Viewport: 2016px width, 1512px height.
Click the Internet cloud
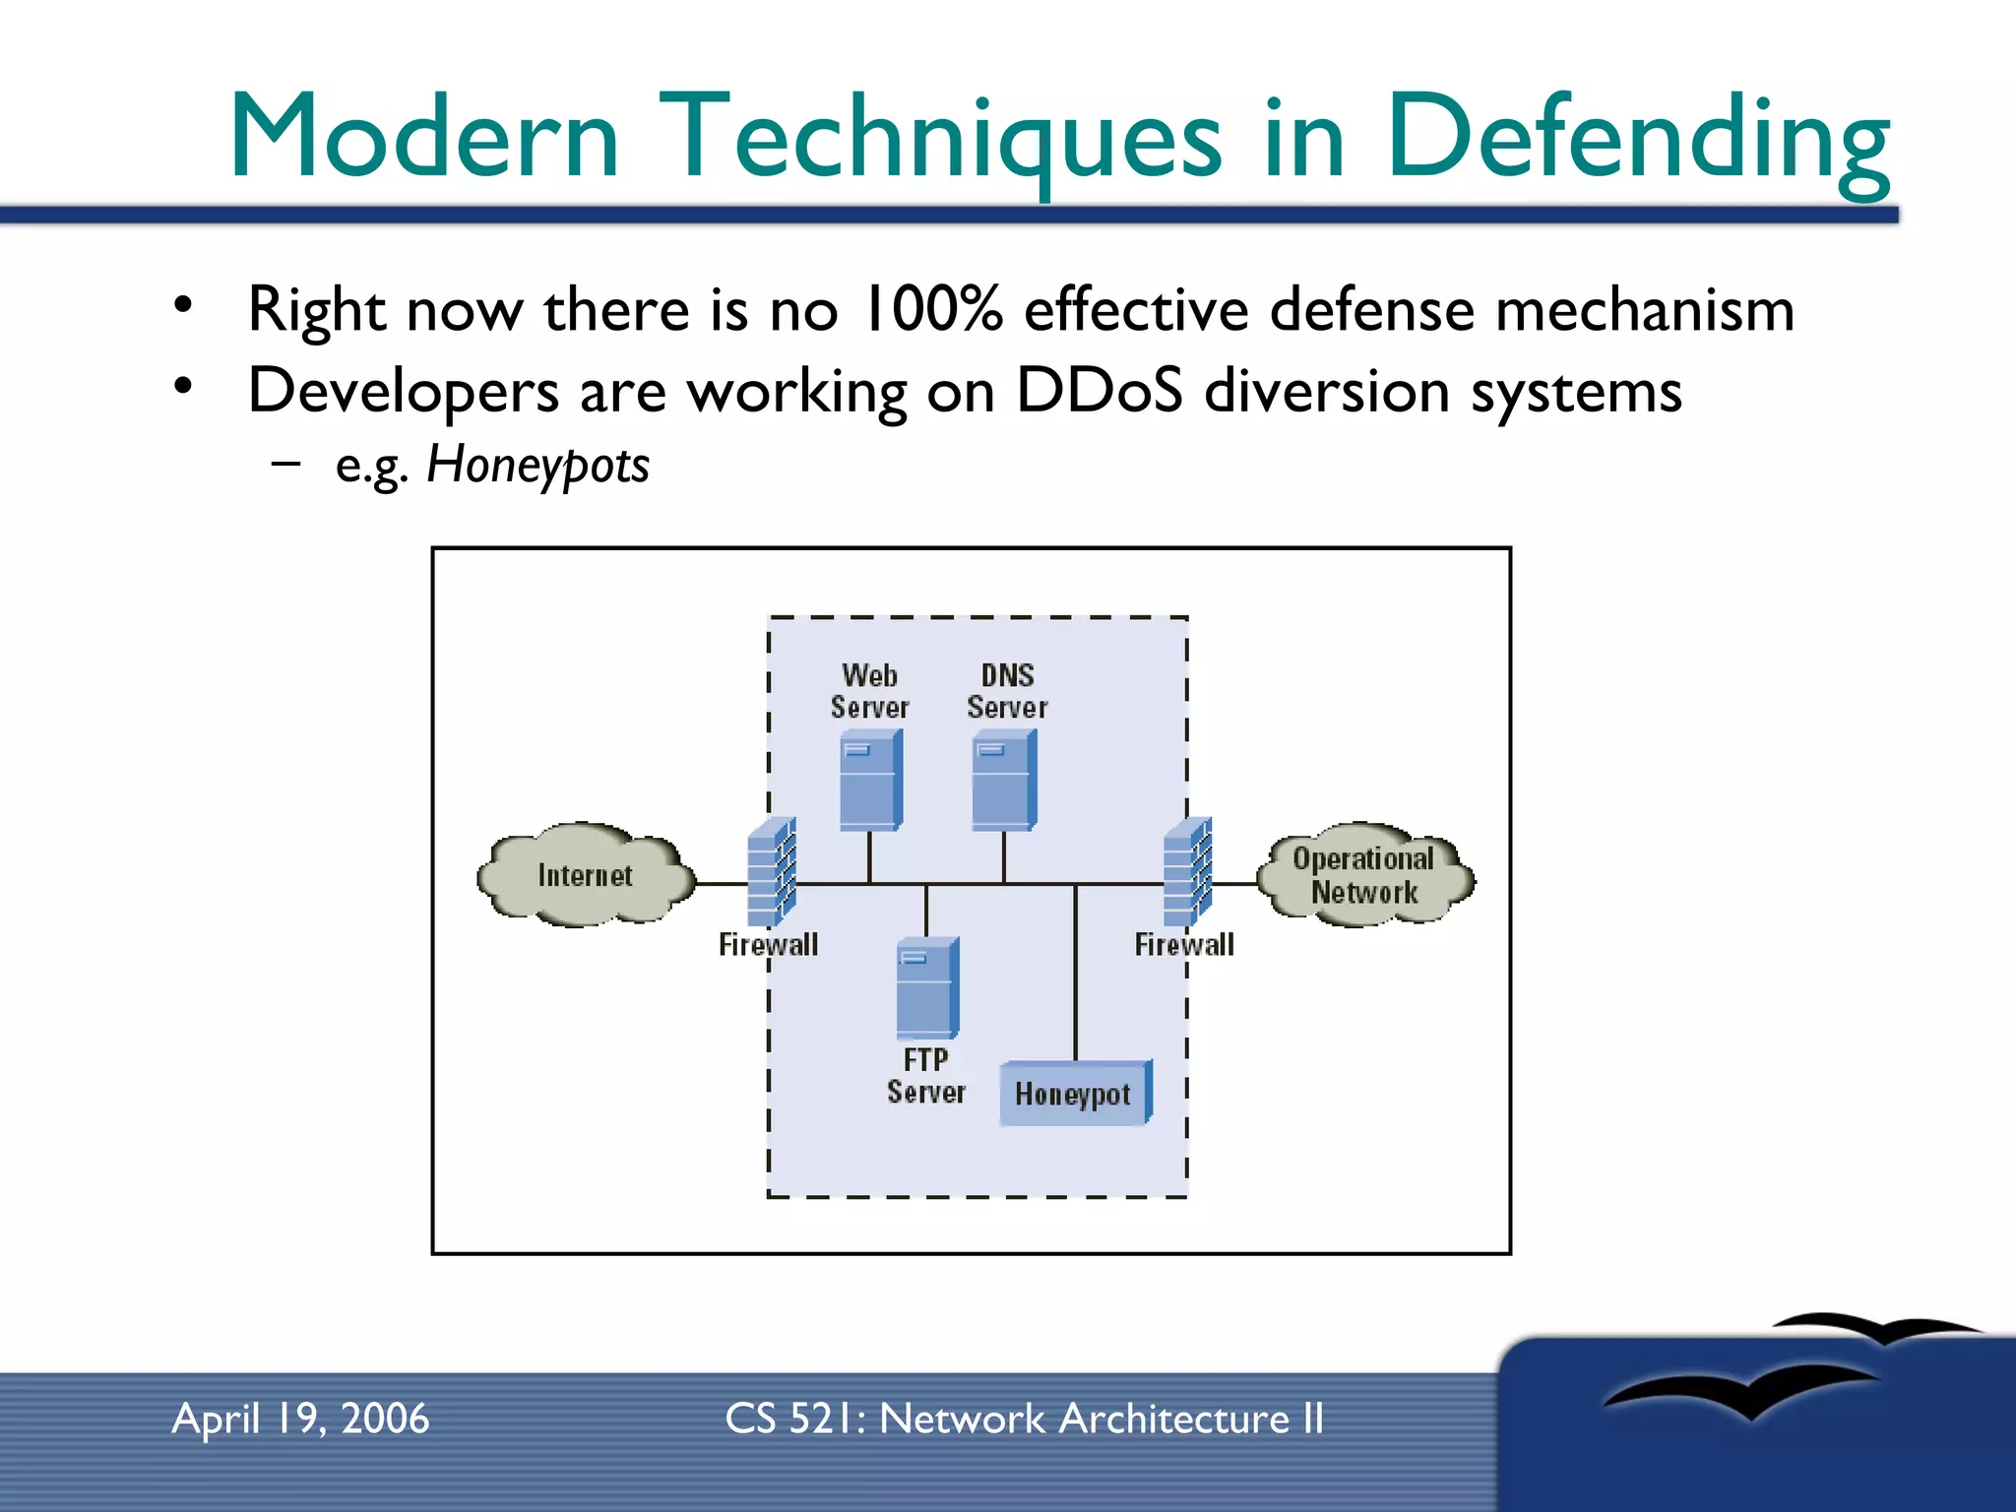(586, 875)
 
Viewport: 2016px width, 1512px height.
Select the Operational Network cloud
(1364, 875)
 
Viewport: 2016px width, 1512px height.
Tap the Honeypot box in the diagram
(1074, 1094)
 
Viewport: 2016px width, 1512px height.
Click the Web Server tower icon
(870, 783)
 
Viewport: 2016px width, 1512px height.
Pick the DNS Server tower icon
(1003, 783)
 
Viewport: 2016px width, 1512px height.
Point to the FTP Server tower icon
(926, 988)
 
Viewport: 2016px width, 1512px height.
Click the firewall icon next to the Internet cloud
(771, 872)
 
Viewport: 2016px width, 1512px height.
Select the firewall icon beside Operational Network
(1187, 872)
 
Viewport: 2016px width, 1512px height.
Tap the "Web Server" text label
(869, 691)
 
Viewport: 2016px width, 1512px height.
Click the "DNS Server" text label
(1007, 691)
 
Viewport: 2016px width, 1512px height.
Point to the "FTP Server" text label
(925, 1076)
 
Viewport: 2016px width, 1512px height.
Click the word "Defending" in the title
(1637, 138)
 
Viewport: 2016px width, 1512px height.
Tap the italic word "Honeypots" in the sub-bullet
(537, 465)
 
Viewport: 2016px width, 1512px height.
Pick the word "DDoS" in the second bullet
(1099, 390)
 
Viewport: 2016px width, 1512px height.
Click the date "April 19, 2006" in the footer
(300, 1418)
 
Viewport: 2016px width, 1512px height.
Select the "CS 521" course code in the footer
(790, 1418)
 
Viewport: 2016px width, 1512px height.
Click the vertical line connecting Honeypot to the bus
(1075, 975)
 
